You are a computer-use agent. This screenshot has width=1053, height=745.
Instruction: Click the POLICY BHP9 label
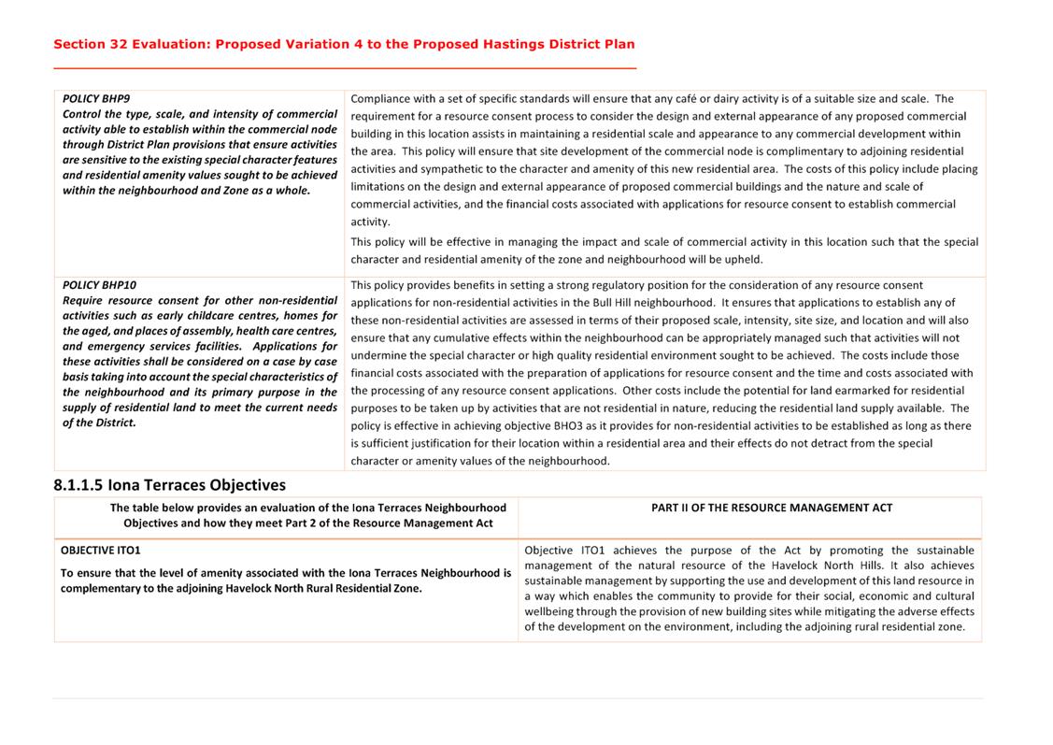96,98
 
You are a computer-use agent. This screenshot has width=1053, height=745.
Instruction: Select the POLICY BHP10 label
99,285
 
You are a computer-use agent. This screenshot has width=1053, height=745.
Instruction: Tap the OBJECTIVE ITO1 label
101,551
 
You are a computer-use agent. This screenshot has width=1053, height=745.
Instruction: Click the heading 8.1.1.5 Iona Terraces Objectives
169,485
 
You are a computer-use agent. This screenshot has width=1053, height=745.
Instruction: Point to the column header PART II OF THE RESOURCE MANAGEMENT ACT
771,508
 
